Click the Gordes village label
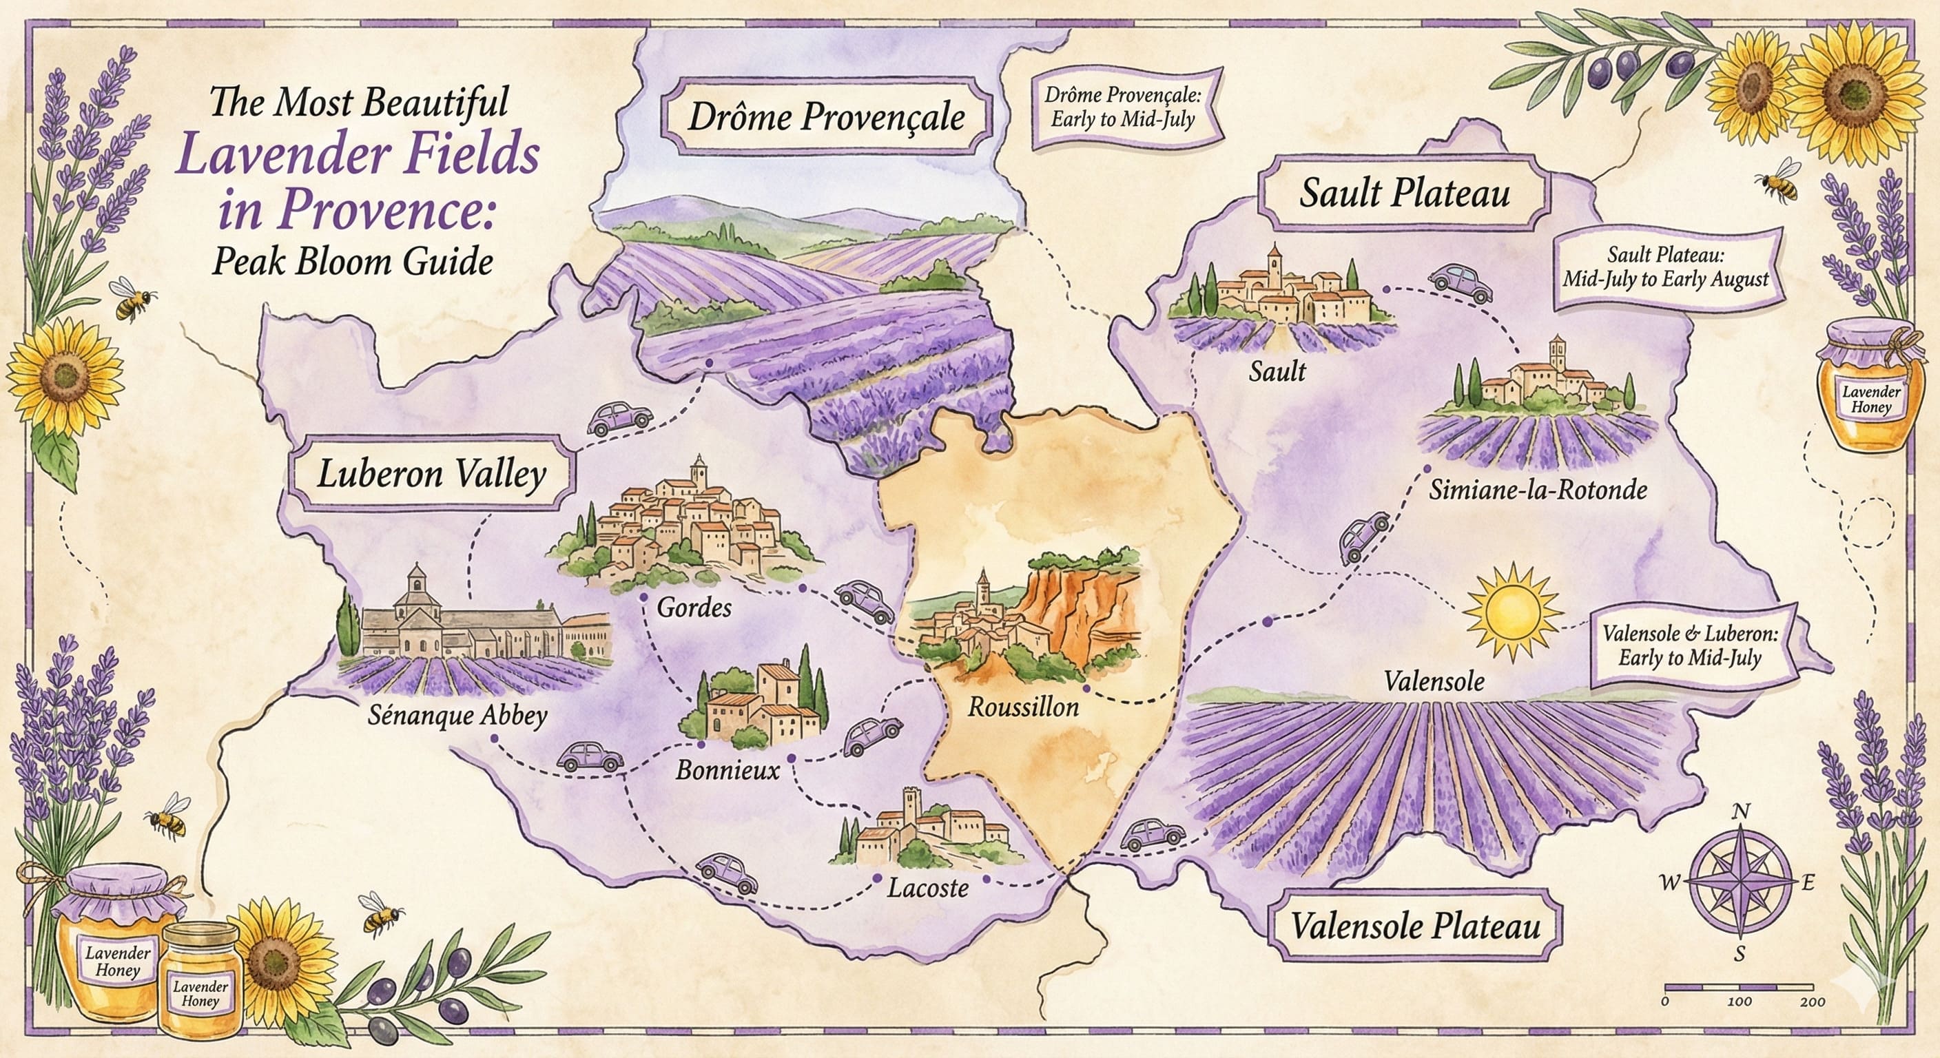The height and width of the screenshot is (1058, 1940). pyautogui.click(x=694, y=607)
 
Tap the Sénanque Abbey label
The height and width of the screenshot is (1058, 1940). pyautogui.click(x=457, y=716)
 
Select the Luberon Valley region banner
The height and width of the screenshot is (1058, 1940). pyautogui.click(x=431, y=475)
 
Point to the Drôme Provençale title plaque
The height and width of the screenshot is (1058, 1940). pyautogui.click(x=826, y=118)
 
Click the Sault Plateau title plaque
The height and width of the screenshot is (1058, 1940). pyautogui.click(x=1405, y=194)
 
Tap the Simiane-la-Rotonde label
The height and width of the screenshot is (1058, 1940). pyautogui.click(x=1538, y=490)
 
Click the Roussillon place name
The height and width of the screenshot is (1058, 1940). pyautogui.click(x=1023, y=707)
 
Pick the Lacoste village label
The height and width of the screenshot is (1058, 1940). pyautogui.click(x=928, y=889)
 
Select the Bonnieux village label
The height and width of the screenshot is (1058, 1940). pyautogui.click(x=727, y=771)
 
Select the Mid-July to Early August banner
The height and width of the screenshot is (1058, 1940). pyautogui.click(x=1664, y=268)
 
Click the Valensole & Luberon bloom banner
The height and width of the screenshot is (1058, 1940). pyautogui.click(x=1689, y=646)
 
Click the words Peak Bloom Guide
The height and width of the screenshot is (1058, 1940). pyautogui.click(x=353, y=261)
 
